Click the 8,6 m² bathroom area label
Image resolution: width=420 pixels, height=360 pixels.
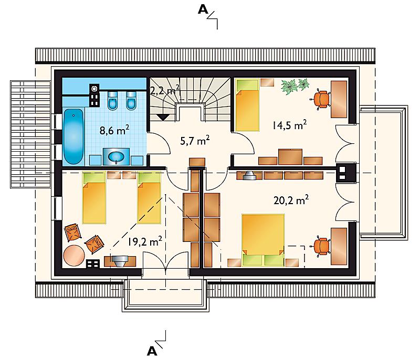[x=114, y=130]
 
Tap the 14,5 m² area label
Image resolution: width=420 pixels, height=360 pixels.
[x=290, y=125]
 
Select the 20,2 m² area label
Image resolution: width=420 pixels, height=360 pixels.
[x=291, y=200]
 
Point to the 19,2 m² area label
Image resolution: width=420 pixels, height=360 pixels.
[x=145, y=241]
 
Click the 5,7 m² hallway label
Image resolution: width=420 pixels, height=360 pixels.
[x=195, y=141]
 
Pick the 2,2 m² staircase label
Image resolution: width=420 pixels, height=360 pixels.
[x=164, y=90]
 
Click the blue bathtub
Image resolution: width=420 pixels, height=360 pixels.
[x=73, y=136]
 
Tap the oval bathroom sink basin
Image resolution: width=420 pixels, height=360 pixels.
[x=116, y=156]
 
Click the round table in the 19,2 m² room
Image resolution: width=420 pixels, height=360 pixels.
[x=74, y=256]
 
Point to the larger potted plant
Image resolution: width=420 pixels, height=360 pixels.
[x=290, y=87]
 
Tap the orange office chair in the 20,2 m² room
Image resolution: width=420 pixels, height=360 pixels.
[x=321, y=246]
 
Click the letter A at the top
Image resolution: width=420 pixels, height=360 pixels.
[x=203, y=9]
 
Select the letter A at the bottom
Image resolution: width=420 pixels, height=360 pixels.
[x=152, y=351]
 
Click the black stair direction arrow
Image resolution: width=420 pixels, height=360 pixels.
[x=163, y=117]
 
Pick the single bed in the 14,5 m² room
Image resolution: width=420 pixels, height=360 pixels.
[x=247, y=104]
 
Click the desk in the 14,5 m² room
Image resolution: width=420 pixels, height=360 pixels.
[x=339, y=99]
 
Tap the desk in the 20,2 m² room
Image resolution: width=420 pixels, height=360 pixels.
[x=339, y=246]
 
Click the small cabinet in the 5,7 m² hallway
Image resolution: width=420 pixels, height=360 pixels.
[x=197, y=162]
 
